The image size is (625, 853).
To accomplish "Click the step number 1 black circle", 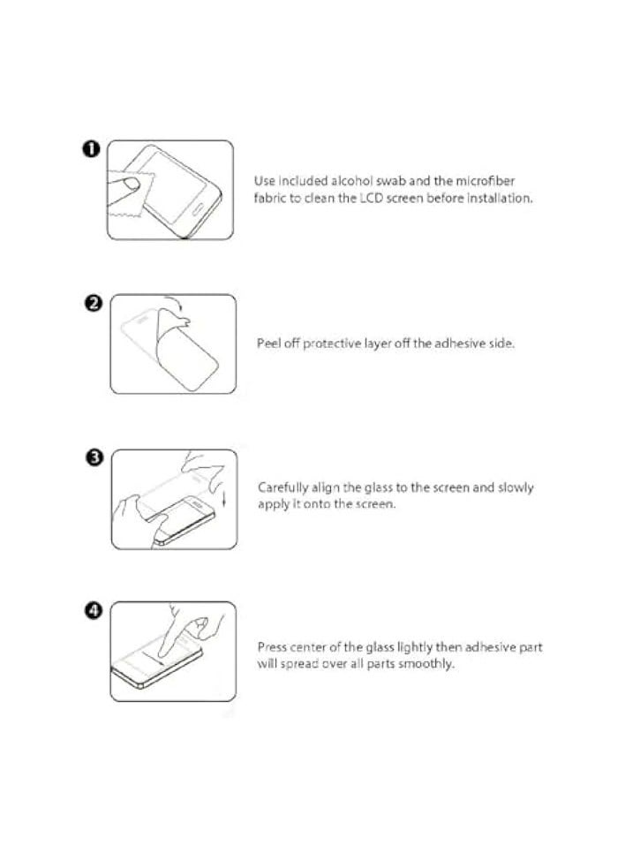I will [x=90, y=149].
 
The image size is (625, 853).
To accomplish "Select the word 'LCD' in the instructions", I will [x=370, y=199].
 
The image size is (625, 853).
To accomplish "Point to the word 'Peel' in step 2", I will [x=268, y=343].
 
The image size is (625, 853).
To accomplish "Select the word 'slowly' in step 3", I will [x=516, y=487].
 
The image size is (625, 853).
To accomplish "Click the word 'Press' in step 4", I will [x=273, y=647].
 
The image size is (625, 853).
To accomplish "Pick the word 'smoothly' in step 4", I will [x=427, y=664].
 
